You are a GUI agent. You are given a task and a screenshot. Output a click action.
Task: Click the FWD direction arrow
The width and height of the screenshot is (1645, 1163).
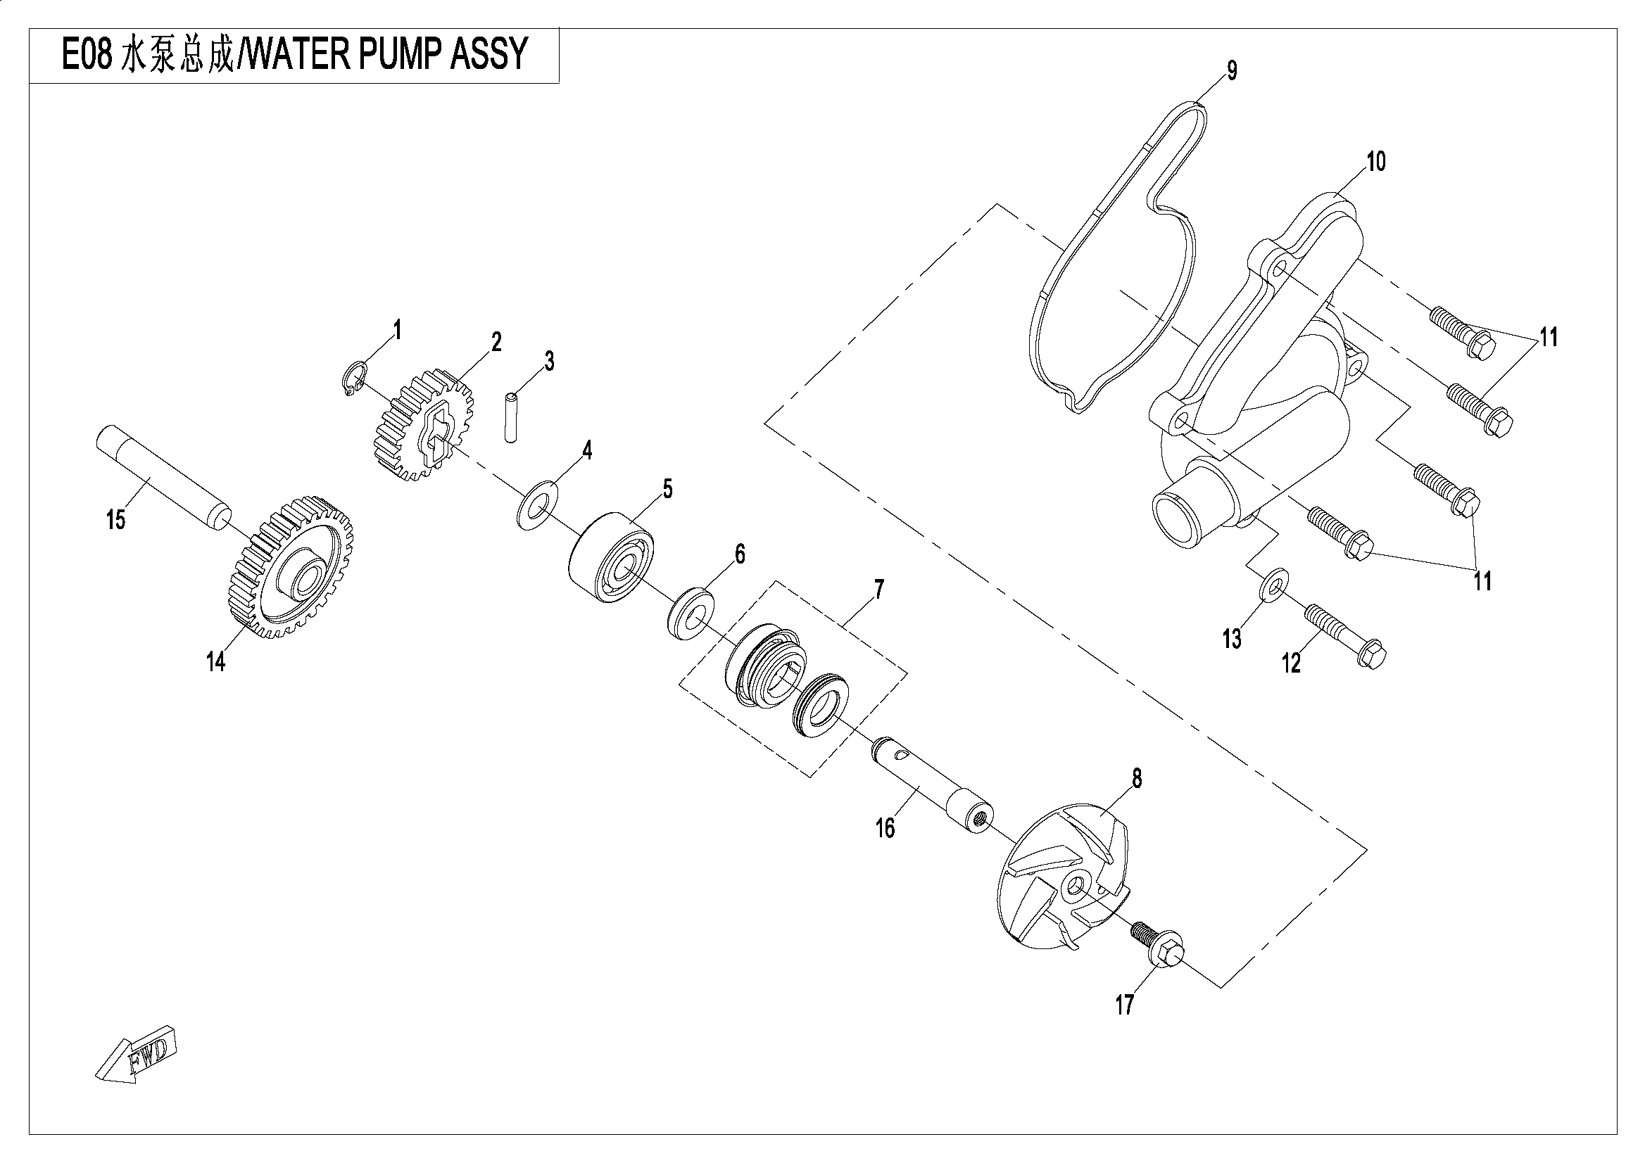click(134, 1055)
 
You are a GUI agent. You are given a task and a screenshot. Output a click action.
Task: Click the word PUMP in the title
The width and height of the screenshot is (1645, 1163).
click(398, 54)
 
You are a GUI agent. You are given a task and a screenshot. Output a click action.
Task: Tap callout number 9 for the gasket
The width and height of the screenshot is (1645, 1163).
click(1232, 71)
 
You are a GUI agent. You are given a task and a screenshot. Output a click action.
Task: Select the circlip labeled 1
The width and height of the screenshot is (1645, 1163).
click(353, 377)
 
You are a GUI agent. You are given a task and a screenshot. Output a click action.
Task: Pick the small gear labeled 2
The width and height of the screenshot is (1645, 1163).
click(423, 426)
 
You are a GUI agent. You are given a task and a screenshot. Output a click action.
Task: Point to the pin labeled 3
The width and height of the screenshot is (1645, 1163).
click(510, 416)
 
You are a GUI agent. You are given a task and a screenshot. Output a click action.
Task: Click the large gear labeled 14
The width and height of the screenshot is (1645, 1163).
click(285, 571)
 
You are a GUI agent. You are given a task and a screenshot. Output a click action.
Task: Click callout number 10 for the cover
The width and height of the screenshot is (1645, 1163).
click(1375, 163)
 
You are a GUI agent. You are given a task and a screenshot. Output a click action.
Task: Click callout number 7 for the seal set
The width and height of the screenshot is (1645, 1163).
click(878, 590)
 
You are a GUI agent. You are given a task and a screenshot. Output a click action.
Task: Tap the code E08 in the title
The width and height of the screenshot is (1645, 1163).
click(87, 54)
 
